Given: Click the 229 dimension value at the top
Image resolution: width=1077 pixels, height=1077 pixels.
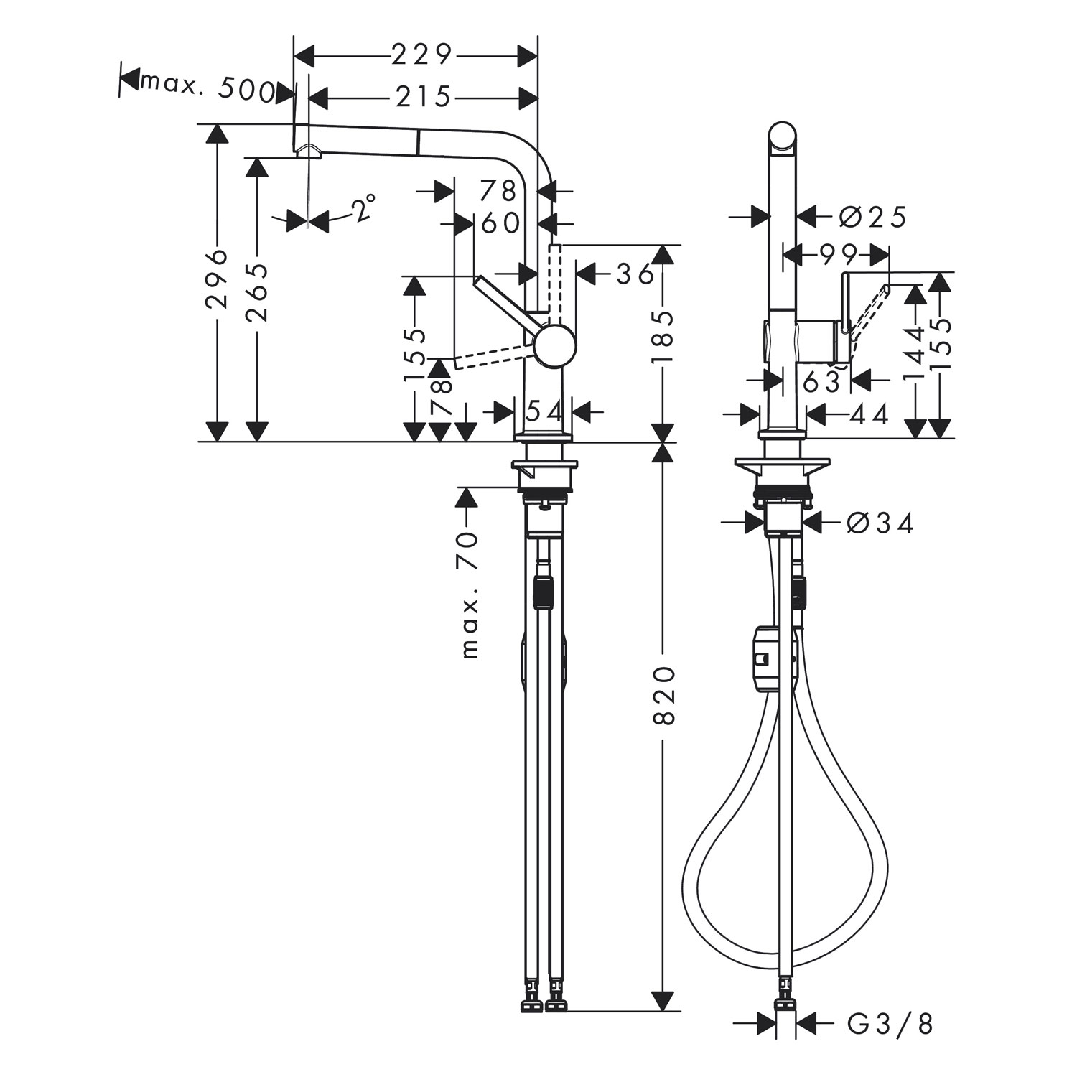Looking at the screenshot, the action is pyautogui.click(x=421, y=55).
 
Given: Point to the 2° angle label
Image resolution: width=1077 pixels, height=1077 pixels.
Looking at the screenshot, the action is pyautogui.click(x=363, y=208).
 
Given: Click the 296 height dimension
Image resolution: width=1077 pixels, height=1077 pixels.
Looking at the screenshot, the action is pyautogui.click(x=216, y=279).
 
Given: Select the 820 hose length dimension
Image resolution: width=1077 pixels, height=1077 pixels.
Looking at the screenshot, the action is pyautogui.click(x=665, y=695).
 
